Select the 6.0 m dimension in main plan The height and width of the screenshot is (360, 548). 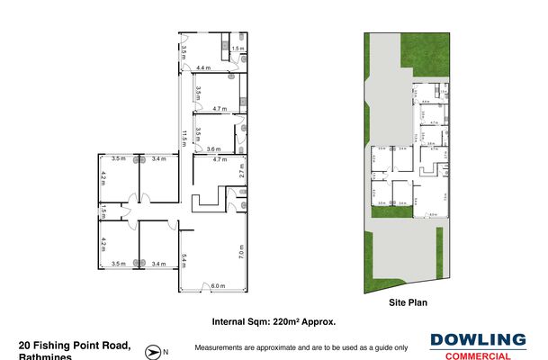[216, 286]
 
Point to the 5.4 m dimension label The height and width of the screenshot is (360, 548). [184, 262]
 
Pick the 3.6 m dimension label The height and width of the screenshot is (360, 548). [213, 148]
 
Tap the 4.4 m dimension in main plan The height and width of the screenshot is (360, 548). [203, 68]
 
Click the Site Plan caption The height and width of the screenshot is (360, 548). [407, 303]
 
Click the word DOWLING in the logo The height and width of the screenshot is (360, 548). [478, 340]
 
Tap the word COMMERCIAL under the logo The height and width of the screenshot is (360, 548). [478, 356]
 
